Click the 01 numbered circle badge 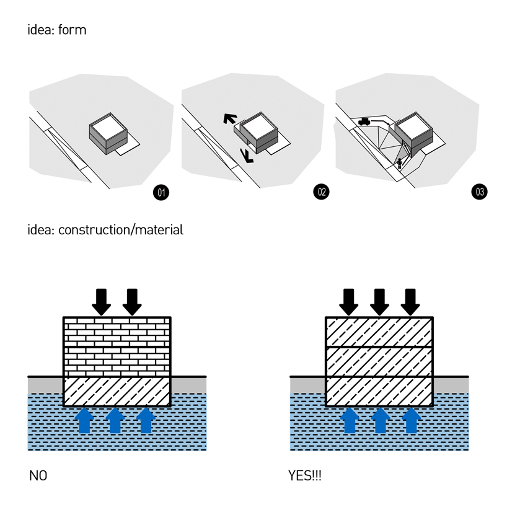pos(161,192)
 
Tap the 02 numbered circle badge pos(321,192)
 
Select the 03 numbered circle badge pos(479,192)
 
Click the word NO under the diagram pos(37,477)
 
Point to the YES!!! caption pos(305,477)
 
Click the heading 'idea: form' pos(57,30)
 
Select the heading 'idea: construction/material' pos(105,230)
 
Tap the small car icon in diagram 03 pos(364,121)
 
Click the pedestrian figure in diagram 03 pos(400,164)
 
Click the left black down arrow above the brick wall pos(102,301)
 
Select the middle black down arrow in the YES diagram pos(379,301)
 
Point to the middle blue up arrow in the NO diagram pos(115,420)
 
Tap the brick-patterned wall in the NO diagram pos(117,347)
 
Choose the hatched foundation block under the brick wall pos(117,392)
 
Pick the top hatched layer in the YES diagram pos(379,332)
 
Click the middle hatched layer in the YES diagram pos(379,361)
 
